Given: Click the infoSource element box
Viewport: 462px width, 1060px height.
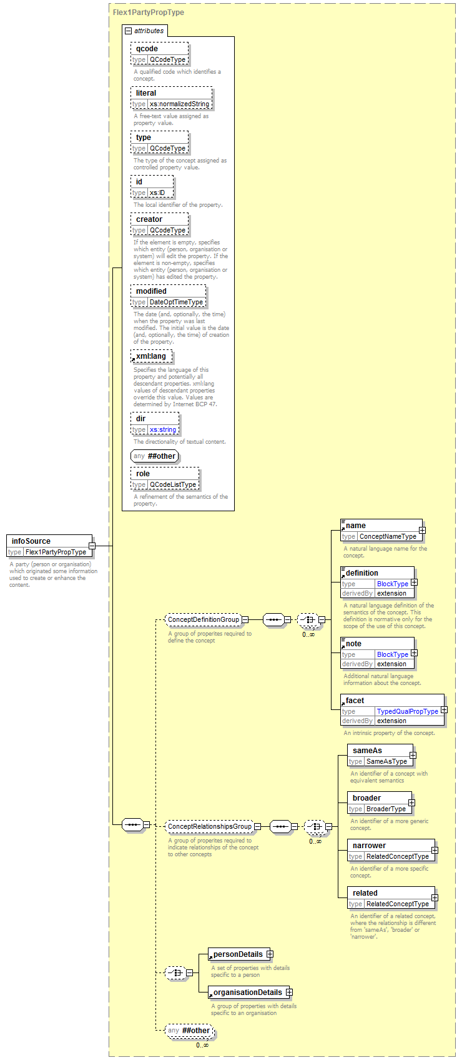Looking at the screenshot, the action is pyautogui.click(x=49, y=546).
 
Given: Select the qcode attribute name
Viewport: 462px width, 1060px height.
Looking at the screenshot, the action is pyautogui.click(x=147, y=49).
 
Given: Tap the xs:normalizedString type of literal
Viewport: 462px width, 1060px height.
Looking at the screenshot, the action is pyautogui.click(x=179, y=104).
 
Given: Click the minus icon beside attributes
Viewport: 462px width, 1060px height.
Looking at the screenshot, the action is pyautogui.click(x=128, y=31).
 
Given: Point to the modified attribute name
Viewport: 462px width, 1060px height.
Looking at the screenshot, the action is pyautogui.click(x=151, y=291).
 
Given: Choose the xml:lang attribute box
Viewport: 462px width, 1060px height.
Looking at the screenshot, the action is pyautogui.click(x=151, y=356).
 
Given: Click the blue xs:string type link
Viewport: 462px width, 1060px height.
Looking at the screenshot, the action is pyautogui.click(x=163, y=429).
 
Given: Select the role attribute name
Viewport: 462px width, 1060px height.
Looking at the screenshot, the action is pyautogui.click(x=143, y=474).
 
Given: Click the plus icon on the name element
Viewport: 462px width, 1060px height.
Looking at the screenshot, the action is pyautogui.click(x=422, y=531).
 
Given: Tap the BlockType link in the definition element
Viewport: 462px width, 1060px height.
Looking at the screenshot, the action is pyautogui.click(x=393, y=584).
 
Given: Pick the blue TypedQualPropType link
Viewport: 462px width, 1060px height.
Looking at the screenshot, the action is pyautogui.click(x=408, y=711).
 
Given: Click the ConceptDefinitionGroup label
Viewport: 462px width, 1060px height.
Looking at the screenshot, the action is pyautogui.click(x=204, y=619).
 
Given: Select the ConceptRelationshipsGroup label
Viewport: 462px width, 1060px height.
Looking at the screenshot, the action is pyautogui.click(x=210, y=826).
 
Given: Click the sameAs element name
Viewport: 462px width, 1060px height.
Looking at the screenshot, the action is pyautogui.click(x=368, y=751).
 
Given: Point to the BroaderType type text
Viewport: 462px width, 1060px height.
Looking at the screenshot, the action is pyautogui.click(x=386, y=809).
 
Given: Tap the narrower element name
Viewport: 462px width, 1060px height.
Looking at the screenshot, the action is pyautogui.click(x=370, y=846).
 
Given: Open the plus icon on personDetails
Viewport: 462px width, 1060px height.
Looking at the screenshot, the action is pyautogui.click(x=270, y=954).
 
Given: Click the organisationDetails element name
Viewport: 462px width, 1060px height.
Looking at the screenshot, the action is pyautogui.click(x=248, y=992).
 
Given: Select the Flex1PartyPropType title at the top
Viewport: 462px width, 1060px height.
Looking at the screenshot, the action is pyautogui.click(x=149, y=12).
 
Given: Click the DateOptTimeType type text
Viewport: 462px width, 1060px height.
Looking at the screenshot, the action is pyautogui.click(x=177, y=302).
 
